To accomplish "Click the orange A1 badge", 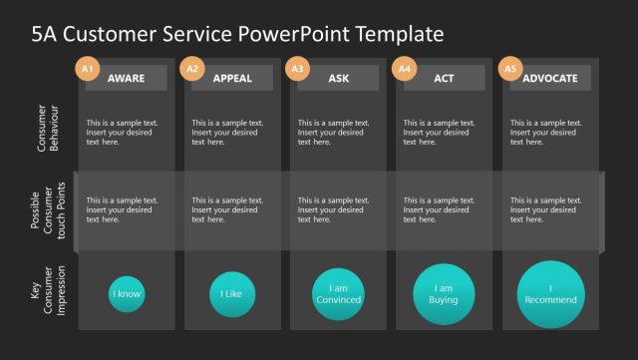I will [x=88, y=69].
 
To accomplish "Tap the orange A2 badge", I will [x=193, y=69].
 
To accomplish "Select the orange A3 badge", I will [x=298, y=69].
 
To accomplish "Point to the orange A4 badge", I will [x=404, y=69].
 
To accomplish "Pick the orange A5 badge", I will [x=510, y=69].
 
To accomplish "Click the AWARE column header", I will [x=126, y=78].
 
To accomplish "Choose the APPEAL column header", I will [x=232, y=78].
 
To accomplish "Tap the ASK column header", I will [x=338, y=78].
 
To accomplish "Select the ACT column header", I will [x=444, y=78].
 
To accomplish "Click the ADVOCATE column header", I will [x=549, y=78].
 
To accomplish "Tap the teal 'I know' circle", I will [x=127, y=294].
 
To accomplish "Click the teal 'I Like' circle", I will [x=232, y=294].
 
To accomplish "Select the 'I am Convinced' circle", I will [x=338, y=294].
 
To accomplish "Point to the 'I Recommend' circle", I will [x=550, y=294].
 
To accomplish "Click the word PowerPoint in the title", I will [x=288, y=34].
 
